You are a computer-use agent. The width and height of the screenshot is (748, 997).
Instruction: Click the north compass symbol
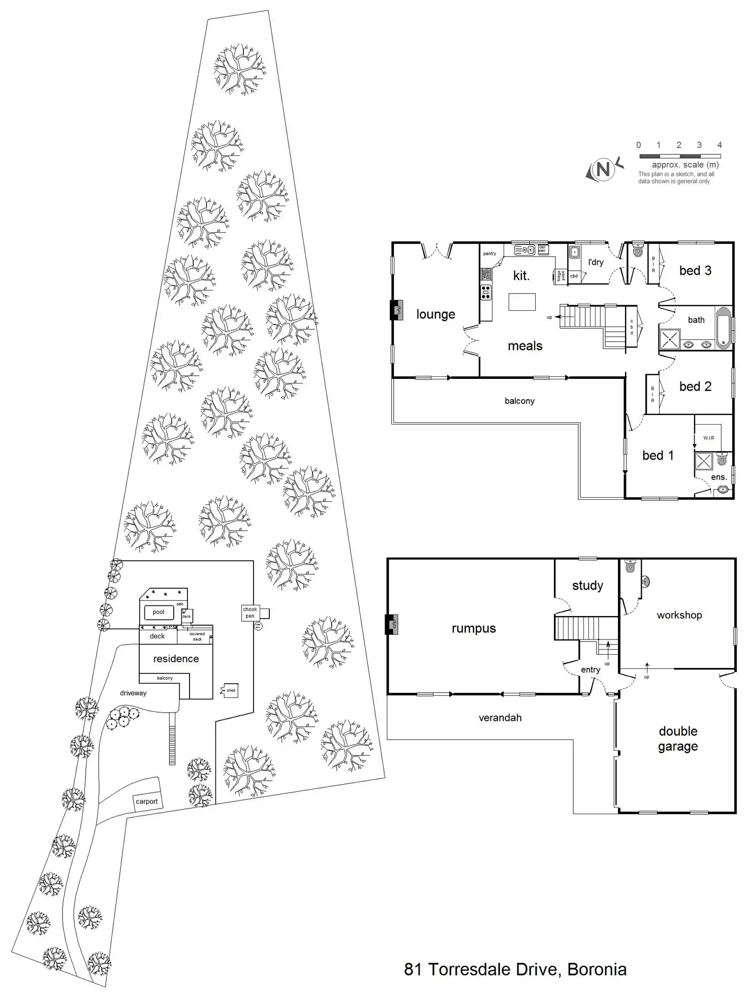(603, 169)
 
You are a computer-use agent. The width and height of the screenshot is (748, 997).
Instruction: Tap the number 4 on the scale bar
(719, 145)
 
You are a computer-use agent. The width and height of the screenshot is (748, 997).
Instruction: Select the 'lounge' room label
(435, 314)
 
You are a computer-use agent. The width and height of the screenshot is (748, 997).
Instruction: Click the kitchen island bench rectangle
(522, 302)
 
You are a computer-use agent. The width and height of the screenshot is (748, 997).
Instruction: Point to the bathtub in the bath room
(723, 328)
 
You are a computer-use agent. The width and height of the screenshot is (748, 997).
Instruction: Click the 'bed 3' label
(695, 271)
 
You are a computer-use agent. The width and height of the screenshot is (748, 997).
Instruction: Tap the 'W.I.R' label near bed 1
(708, 438)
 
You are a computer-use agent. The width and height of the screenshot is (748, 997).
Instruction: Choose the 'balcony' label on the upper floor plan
(519, 401)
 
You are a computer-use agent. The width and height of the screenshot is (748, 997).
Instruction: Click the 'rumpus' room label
(474, 628)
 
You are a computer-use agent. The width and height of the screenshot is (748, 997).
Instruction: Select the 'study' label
(587, 585)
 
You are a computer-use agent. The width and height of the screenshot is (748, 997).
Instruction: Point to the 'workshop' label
(679, 615)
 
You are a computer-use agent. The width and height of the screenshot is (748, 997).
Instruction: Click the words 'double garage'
(678, 738)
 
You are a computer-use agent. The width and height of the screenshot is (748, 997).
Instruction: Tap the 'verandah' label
(500, 718)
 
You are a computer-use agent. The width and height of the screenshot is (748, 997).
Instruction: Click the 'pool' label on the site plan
(159, 612)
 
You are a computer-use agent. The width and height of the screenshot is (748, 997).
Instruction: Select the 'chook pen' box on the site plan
(250, 613)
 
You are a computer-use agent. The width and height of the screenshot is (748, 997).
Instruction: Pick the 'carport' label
(146, 801)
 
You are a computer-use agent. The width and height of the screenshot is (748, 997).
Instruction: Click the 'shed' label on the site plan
(231, 690)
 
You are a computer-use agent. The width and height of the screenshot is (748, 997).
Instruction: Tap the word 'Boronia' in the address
(597, 969)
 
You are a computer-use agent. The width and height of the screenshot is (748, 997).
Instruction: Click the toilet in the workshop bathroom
(630, 566)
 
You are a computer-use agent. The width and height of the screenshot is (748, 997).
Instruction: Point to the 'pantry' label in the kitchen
(489, 253)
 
